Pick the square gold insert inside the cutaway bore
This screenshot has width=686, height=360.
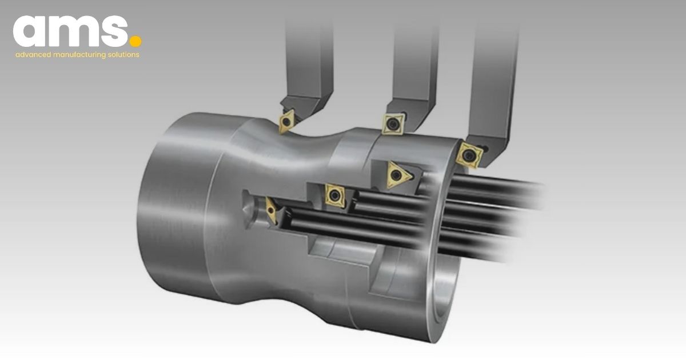[333, 194]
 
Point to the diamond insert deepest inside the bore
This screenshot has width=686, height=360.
[271, 211]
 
